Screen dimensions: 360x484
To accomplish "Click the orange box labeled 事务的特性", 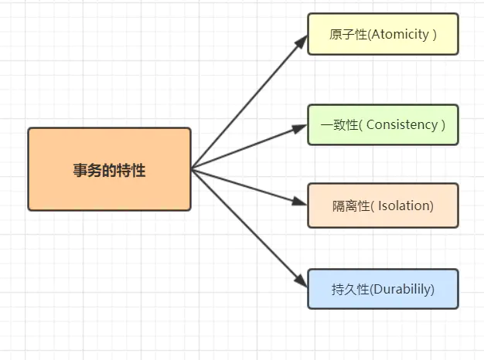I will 109,169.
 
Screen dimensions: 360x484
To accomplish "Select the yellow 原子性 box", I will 383,34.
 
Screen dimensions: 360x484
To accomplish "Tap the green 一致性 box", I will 383,124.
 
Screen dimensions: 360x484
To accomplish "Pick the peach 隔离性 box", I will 383,205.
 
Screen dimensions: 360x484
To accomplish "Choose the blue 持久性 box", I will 383,289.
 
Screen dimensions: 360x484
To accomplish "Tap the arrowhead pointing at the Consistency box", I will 300,127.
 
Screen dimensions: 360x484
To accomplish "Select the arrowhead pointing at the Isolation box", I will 300,202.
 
